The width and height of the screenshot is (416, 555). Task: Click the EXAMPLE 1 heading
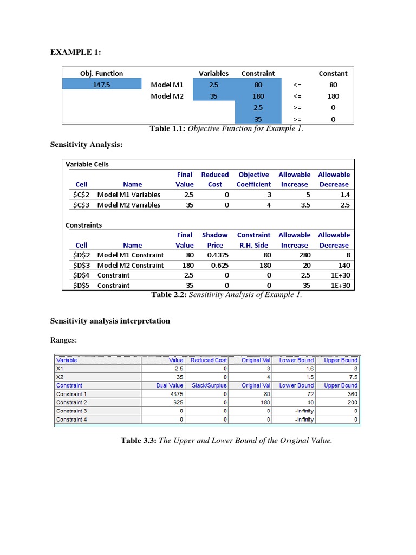pos(76,52)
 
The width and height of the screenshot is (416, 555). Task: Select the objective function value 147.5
pos(101,85)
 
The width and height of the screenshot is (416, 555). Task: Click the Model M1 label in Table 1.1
pos(167,85)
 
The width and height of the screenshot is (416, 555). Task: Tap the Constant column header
pos(333,73)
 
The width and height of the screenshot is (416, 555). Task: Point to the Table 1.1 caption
pos(226,128)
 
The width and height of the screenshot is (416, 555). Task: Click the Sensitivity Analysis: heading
pos(86,146)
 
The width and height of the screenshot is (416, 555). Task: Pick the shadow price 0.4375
pos(215,255)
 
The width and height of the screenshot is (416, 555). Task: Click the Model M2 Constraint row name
pos(130,265)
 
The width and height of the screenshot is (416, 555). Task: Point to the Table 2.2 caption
pos(226,295)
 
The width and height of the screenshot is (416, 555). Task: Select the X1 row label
pos(60,369)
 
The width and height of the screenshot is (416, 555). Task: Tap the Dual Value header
pos(173,385)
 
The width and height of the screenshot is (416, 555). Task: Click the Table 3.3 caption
pos(226,441)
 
